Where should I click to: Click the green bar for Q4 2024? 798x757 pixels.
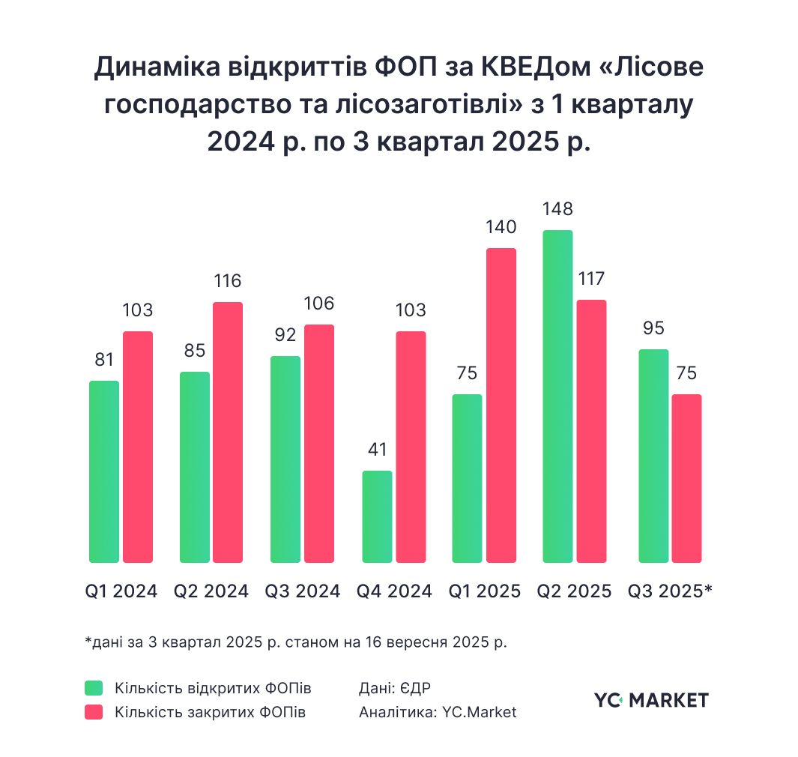pos(377,516)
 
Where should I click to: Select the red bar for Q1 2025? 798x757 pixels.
pos(501,405)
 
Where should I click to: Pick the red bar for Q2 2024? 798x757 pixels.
pos(228,432)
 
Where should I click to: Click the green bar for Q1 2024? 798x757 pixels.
pos(104,471)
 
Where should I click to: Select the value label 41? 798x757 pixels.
pos(377,450)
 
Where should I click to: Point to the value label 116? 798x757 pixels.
pos(228,282)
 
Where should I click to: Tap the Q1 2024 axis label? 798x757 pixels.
pos(121,591)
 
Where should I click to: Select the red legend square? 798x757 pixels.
pos(94,712)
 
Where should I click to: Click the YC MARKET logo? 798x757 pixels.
pos(650,701)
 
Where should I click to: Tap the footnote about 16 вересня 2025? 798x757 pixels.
pos(296,642)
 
